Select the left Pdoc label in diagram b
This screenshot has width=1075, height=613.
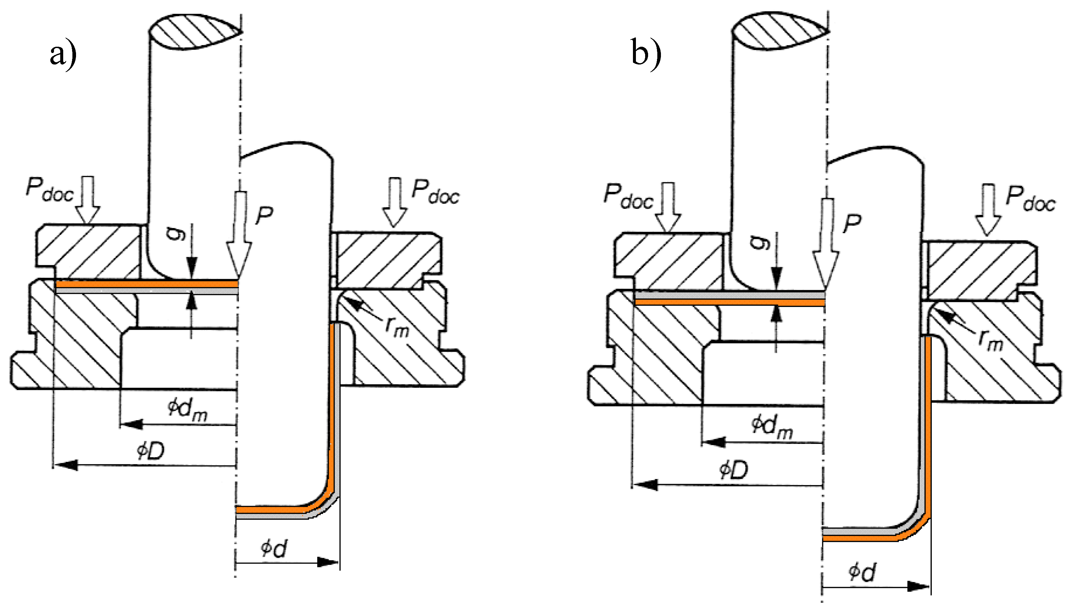pyautogui.click(x=628, y=196)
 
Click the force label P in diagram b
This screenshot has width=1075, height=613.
pyautogui.click(x=852, y=223)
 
